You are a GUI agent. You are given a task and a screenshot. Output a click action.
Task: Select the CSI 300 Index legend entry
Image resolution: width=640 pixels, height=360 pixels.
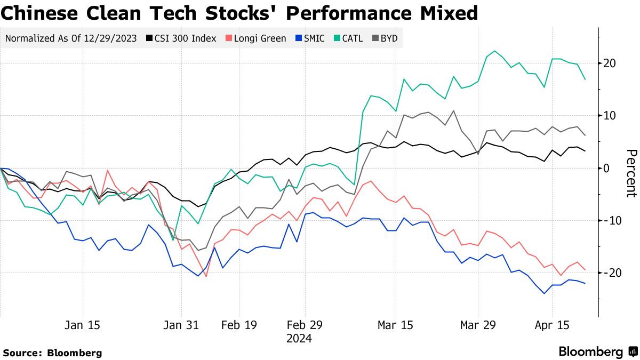[181, 38]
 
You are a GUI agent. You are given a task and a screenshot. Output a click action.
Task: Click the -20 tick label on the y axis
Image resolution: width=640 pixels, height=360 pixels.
[607, 273]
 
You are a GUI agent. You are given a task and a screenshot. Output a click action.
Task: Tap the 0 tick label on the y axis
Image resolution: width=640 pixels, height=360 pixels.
[606, 168]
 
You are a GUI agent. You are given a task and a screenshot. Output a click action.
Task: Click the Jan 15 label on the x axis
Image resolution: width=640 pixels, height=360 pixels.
[83, 325]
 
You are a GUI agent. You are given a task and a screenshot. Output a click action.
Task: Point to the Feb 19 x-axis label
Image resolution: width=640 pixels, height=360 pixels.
[238, 325]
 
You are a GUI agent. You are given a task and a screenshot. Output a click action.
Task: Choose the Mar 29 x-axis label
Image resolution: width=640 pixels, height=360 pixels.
[477, 325]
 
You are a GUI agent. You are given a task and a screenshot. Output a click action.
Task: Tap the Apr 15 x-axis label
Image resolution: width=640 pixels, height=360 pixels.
[552, 325]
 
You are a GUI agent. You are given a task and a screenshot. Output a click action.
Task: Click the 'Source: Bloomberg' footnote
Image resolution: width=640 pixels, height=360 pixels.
[52, 353]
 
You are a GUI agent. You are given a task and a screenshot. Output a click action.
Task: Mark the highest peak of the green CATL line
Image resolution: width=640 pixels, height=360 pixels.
[494, 51]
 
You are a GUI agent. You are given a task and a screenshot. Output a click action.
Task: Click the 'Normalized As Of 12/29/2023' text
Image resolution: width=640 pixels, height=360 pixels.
[70, 38]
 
